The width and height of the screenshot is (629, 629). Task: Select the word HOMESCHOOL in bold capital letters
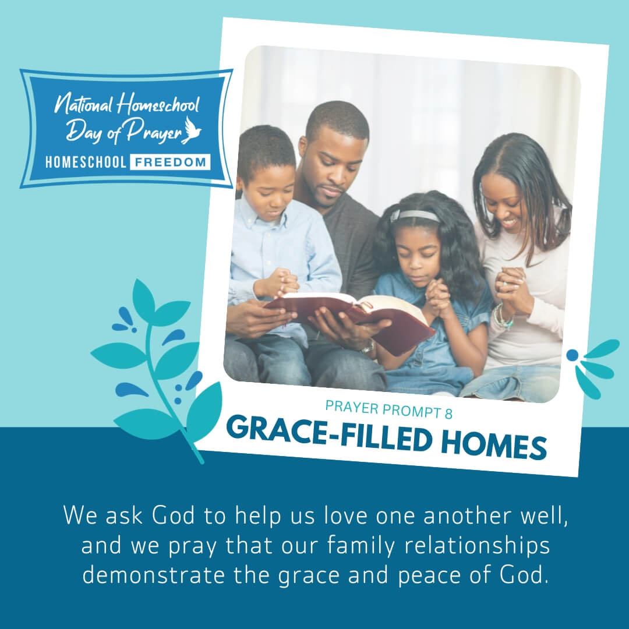pyautogui.click(x=86, y=162)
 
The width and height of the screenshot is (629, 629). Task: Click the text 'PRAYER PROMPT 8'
pyautogui.click(x=388, y=411)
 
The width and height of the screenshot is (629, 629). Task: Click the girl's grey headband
pyautogui.click(x=415, y=216)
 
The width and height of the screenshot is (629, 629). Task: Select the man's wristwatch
pyautogui.click(x=367, y=347)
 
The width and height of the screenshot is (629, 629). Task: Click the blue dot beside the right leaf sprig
pyautogui.click(x=573, y=355)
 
